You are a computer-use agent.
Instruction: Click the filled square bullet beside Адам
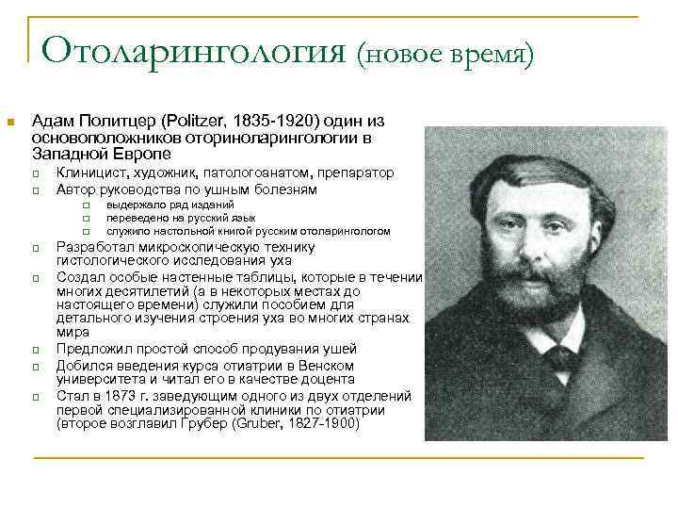(x=11, y=122)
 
